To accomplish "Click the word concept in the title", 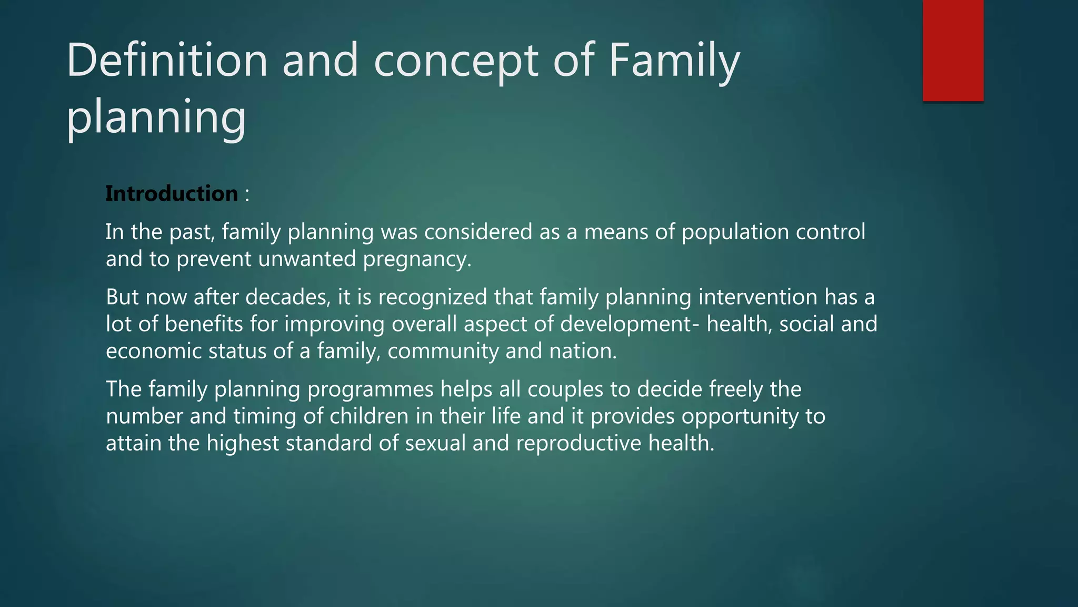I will [456, 61].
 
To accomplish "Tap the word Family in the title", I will [674, 61].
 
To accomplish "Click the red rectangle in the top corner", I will [953, 50].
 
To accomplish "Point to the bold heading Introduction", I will [172, 193].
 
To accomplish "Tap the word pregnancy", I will [417, 259].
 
